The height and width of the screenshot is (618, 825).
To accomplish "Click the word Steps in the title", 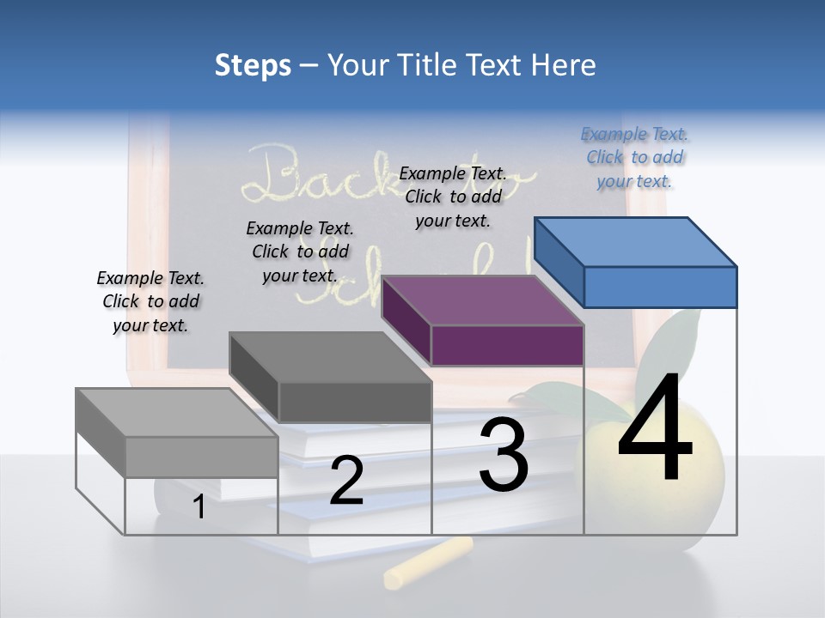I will [253, 65].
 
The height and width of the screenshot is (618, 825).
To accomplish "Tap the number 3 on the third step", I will [504, 455].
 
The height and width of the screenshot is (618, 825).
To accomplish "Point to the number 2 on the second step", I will [346, 481].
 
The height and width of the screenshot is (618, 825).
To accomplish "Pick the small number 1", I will [199, 507].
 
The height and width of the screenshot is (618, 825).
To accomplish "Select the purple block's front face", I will [507, 345].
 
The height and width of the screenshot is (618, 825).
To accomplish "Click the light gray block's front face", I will [201, 457].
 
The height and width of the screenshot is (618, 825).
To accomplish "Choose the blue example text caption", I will [634, 157].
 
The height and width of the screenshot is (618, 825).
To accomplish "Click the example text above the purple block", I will [453, 197].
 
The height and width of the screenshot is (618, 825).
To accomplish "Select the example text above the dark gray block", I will [300, 251].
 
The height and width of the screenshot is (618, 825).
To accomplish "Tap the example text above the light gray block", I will [150, 301].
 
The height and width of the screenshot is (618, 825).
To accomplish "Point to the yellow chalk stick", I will [428, 562].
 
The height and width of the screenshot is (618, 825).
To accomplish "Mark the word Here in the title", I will [563, 65].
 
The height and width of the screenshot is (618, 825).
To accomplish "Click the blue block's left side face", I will [559, 261].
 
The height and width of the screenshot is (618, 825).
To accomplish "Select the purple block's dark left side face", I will [406, 319].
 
